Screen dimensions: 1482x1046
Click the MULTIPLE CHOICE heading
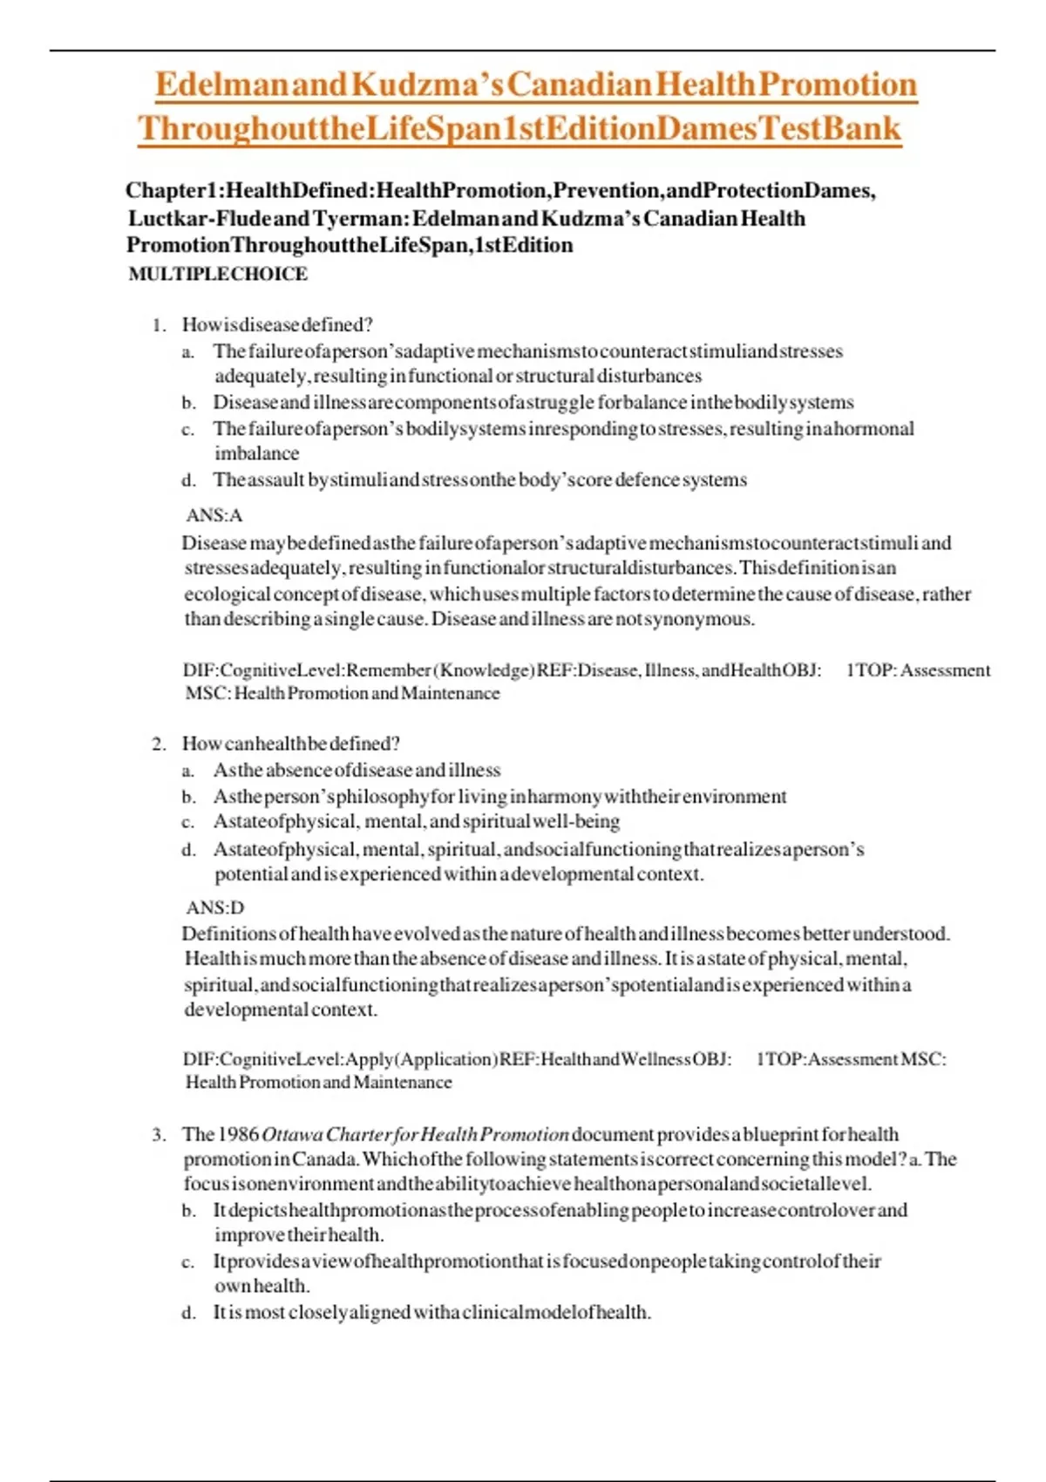218,274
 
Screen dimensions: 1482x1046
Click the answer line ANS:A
214,515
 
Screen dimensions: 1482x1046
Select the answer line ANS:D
214,908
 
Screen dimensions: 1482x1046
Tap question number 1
158,325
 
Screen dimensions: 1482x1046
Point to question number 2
158,744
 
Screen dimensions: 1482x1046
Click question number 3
158,1134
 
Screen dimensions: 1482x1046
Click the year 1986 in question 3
238,1134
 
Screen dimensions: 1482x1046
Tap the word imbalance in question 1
257,453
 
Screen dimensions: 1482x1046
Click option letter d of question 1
188,480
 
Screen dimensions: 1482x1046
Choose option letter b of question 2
188,797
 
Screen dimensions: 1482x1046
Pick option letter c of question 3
188,1261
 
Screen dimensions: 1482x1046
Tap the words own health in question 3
262,1286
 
